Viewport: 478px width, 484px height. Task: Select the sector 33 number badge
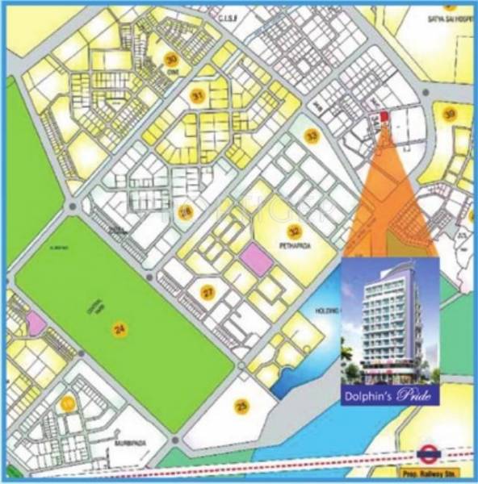click(x=312, y=136)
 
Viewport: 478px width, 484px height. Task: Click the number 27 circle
click(x=208, y=292)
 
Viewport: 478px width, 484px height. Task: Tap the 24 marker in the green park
click(x=119, y=329)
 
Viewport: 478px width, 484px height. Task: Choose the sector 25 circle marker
click(x=240, y=407)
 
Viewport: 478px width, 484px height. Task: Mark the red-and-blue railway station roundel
click(x=427, y=457)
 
